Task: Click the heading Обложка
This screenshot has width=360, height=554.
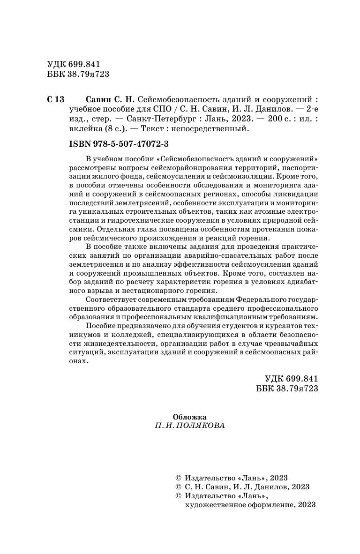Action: [189, 416]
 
